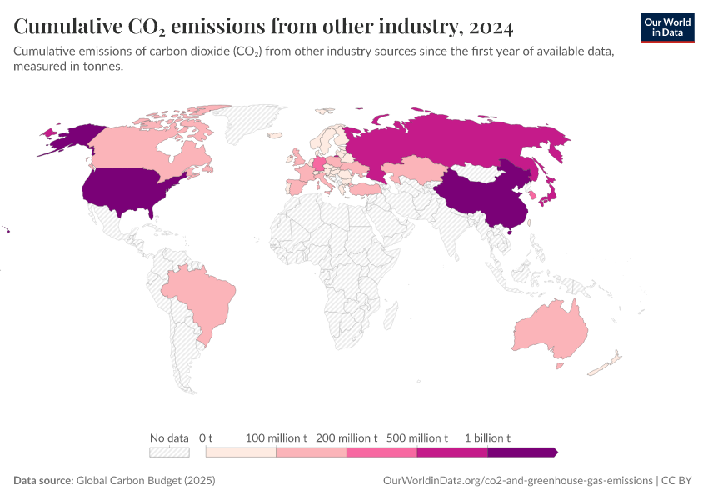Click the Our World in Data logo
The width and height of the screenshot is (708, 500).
tap(667, 27)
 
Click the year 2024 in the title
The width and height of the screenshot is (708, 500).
tap(491, 27)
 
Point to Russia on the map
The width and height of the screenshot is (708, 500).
tap(450, 142)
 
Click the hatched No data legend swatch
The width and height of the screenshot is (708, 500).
tap(169, 452)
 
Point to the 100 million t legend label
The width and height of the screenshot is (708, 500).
tap(277, 437)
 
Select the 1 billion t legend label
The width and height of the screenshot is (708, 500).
tap(487, 437)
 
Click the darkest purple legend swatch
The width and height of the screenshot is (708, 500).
tap(521, 452)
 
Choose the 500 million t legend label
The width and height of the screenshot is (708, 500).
tap(417, 437)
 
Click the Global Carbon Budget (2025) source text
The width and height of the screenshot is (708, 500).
tap(145, 481)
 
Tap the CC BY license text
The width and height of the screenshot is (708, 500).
tap(678, 481)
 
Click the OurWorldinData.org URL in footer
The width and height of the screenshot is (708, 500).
tap(516, 481)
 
